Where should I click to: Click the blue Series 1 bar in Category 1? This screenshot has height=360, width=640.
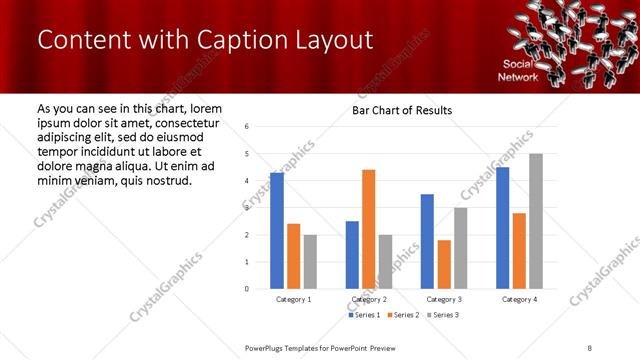pyautogui.click(x=277, y=231)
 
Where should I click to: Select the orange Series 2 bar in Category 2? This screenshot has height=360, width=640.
pyautogui.click(x=368, y=229)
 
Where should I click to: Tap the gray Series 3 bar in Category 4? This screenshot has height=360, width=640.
pyautogui.click(x=536, y=221)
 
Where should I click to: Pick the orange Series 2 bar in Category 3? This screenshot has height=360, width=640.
pyautogui.click(x=444, y=264)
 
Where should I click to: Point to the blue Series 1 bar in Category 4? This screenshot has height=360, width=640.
pyautogui.click(x=502, y=228)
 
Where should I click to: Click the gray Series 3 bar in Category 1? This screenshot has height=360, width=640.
pyautogui.click(x=310, y=262)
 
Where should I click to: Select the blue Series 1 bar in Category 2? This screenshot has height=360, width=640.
pyautogui.click(x=352, y=255)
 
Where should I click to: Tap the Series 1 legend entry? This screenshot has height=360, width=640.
pyautogui.click(x=364, y=315)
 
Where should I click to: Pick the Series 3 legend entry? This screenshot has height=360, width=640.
pyautogui.click(x=443, y=315)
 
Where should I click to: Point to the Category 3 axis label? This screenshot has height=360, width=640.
pyautogui.click(x=444, y=299)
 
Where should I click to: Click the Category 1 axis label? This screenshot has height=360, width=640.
pyautogui.click(x=293, y=299)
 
